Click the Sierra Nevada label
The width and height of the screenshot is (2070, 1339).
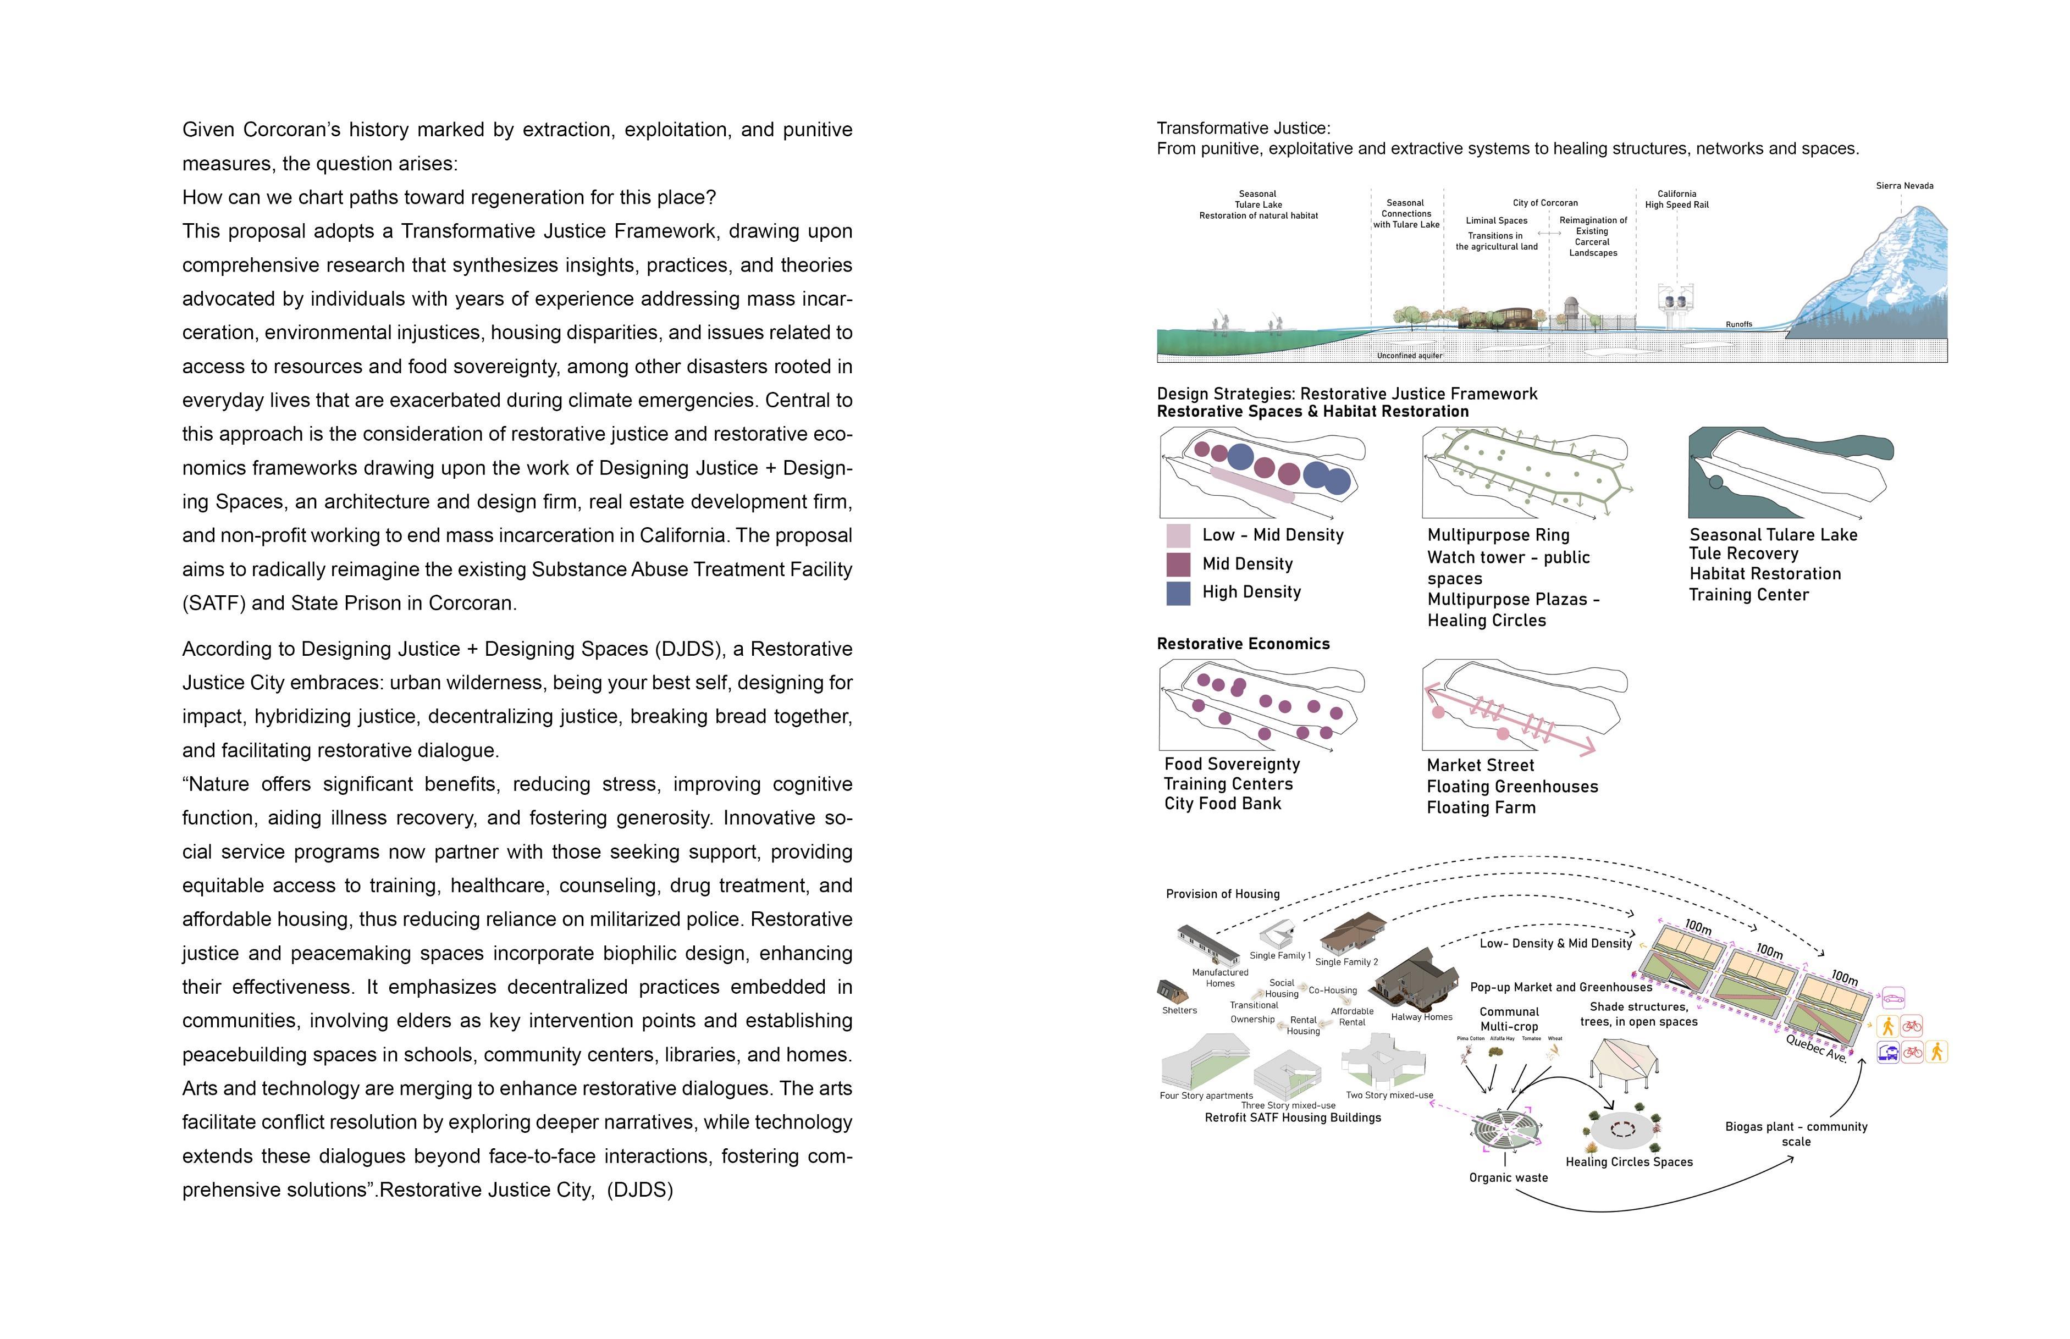click(1904, 185)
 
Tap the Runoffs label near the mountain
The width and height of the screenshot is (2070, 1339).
click(1738, 324)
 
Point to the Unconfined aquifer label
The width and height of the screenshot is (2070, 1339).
click(1409, 356)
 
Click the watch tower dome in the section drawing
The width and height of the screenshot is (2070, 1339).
click(1571, 306)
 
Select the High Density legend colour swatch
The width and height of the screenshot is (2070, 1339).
click(1178, 593)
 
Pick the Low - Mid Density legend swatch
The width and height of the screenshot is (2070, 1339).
click(1178, 535)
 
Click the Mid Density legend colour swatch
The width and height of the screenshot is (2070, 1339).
click(1178, 565)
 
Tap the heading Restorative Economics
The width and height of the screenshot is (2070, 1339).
click(1243, 644)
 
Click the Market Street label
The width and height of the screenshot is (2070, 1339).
click(1480, 765)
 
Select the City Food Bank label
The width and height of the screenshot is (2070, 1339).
click(1222, 804)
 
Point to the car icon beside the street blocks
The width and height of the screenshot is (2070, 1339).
click(1892, 997)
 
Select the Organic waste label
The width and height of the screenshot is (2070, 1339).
click(1508, 1177)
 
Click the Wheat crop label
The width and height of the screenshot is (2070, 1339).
click(1555, 1038)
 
